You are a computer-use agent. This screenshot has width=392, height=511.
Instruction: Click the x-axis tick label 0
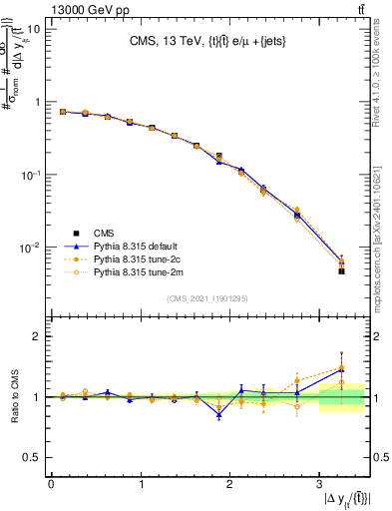point(51,485)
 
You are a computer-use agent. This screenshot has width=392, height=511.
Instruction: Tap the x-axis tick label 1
point(141,485)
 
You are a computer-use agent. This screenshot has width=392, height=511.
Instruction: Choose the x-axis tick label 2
point(229,485)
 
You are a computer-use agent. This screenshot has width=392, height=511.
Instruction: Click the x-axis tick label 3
point(318,485)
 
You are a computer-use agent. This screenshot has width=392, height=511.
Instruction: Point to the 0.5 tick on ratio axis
point(32,457)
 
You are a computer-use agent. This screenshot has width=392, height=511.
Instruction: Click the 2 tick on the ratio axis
point(38,337)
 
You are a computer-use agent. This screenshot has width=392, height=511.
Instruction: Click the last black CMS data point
point(341,270)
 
